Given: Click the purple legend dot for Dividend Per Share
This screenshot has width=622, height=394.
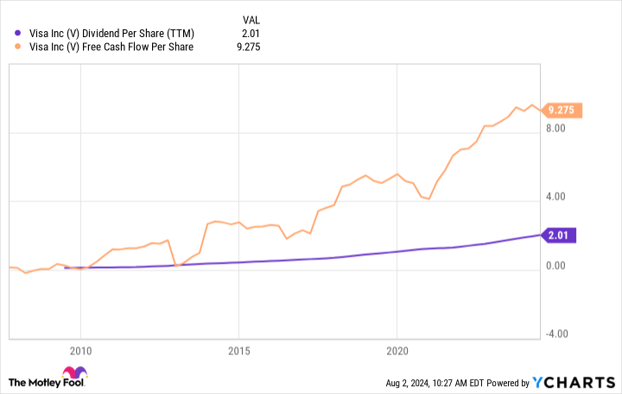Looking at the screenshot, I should click(x=19, y=33).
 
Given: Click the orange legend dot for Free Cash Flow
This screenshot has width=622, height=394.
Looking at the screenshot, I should click(x=19, y=48).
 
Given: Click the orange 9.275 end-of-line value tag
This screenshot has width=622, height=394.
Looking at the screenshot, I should click(x=563, y=110).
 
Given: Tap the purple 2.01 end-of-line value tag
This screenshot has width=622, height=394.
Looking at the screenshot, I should click(x=561, y=234).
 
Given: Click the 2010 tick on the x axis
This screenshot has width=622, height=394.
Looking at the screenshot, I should click(x=80, y=352).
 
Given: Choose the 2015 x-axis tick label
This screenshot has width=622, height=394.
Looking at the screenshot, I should click(x=238, y=352).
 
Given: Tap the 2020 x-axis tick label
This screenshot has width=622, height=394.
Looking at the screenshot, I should click(x=397, y=352).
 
